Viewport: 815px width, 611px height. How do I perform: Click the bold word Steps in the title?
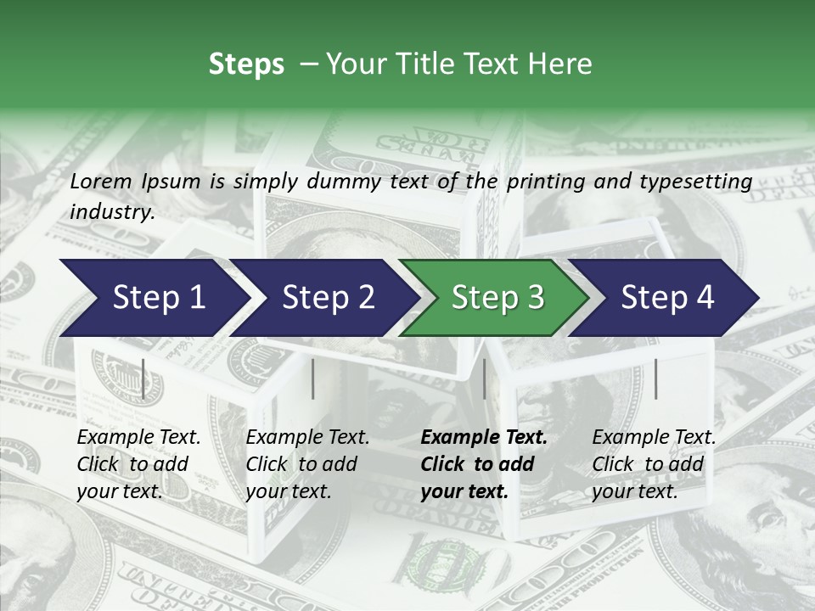[x=246, y=64]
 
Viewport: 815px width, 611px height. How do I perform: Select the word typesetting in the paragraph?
[x=693, y=181]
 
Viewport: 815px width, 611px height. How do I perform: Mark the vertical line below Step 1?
[x=143, y=378]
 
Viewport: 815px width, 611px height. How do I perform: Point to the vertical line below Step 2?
[x=313, y=378]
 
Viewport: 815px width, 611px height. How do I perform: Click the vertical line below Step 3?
[x=484, y=378]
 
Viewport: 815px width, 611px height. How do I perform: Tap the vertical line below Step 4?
[x=655, y=378]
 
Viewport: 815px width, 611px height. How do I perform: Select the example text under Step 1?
[x=138, y=464]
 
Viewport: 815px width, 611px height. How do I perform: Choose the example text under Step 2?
[x=307, y=464]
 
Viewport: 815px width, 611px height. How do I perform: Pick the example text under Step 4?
[x=654, y=464]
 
